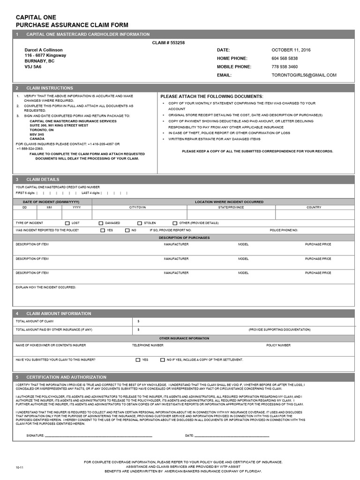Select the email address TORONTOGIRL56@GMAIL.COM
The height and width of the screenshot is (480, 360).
click(304, 75)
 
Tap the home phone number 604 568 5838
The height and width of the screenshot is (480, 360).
click(285, 59)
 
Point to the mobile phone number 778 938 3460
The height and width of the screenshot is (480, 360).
click(285, 67)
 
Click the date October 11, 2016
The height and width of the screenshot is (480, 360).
click(291, 50)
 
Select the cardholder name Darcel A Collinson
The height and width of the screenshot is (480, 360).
click(44, 50)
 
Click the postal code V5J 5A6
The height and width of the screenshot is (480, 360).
click(33, 67)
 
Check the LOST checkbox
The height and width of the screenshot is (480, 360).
click(67, 223)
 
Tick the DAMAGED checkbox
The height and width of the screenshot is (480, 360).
click(101, 223)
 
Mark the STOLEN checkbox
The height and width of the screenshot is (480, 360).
click(140, 223)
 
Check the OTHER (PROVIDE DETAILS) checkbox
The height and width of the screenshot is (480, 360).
click(175, 223)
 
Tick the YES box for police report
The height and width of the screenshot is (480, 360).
click(103, 231)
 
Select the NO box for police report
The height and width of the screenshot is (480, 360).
click(127, 231)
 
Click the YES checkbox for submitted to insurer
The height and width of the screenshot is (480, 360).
click(138, 360)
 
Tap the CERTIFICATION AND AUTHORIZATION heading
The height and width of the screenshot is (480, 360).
click(67, 377)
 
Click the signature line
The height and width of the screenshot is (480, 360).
click(98, 436)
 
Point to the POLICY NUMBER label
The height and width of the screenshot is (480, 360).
click(278, 345)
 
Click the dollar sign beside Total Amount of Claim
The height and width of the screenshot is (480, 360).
click(139, 322)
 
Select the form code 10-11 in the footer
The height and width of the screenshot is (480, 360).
click(19, 467)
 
